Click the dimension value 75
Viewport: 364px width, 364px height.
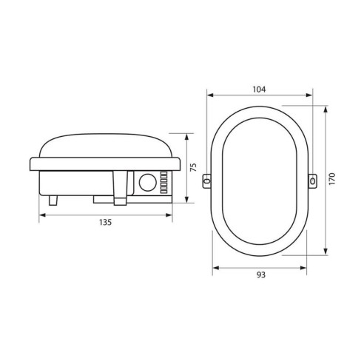(x=192, y=167)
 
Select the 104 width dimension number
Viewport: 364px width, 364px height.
(x=258, y=89)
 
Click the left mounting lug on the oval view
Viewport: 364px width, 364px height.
(x=208, y=179)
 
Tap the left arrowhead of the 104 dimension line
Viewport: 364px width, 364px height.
(x=209, y=95)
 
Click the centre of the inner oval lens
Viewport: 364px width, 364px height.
(x=258, y=179)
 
